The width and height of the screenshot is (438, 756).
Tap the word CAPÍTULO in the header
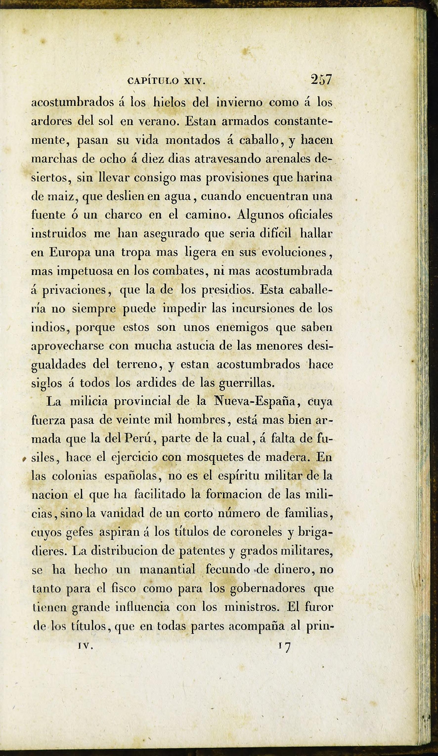click(153, 81)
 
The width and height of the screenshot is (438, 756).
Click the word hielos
click(170, 103)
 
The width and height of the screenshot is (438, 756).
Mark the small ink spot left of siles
click(24, 459)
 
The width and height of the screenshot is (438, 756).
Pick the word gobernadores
click(267, 589)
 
